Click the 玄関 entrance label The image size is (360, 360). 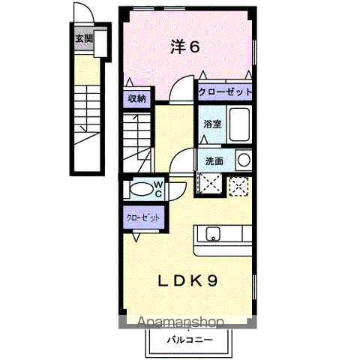[x=84, y=39]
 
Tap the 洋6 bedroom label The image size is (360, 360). [x=185, y=46]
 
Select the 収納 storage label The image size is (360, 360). [x=137, y=99]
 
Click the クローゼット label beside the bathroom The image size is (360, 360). [x=225, y=92]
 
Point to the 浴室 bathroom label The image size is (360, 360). [x=213, y=124]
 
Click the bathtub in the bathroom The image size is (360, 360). [x=239, y=124]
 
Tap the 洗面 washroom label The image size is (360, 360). [x=214, y=161]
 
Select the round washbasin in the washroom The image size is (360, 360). [x=244, y=160]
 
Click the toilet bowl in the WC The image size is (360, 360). [x=141, y=189]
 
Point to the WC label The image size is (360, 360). [x=158, y=189]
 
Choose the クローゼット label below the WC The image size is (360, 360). [x=143, y=217]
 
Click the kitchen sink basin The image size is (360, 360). [x=213, y=234]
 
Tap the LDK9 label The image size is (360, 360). [x=187, y=281]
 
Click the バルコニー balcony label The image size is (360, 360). [x=190, y=340]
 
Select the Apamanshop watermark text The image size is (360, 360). [x=180, y=322]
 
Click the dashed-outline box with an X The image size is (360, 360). [x=238, y=187]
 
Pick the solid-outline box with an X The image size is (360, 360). [x=210, y=183]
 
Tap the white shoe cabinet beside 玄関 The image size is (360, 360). [x=100, y=43]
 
